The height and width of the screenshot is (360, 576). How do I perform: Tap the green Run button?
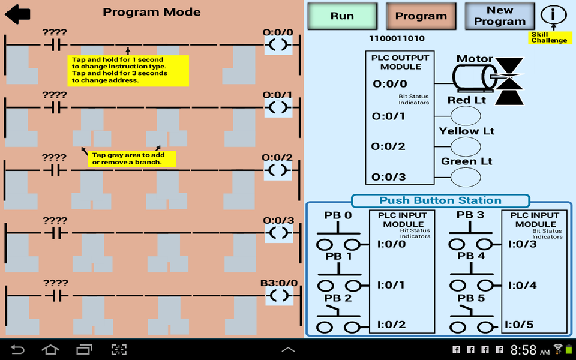[342, 16]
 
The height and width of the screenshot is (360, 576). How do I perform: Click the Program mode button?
[421, 16]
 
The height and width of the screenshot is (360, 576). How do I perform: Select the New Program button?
[499, 16]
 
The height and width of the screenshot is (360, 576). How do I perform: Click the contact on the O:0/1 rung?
[56, 107]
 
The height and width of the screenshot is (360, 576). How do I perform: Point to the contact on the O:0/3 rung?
[56, 233]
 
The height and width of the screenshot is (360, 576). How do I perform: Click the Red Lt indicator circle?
[465, 115]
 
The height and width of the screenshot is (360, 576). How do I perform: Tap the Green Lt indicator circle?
[465, 177]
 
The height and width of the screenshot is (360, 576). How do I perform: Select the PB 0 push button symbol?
[338, 235]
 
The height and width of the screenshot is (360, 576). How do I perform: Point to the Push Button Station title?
[440, 201]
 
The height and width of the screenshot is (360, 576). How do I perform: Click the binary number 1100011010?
[397, 38]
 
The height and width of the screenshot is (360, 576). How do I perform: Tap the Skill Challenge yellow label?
[548, 37]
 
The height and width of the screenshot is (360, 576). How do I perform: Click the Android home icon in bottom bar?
[51, 349]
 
